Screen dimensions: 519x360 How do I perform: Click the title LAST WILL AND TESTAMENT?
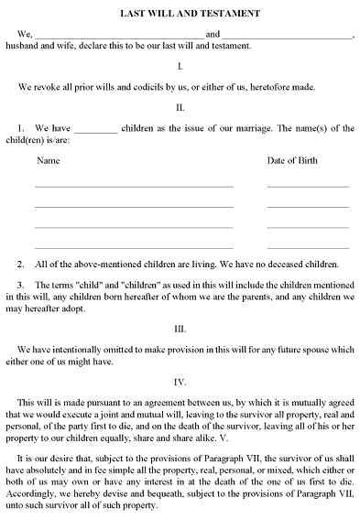tap(180, 15)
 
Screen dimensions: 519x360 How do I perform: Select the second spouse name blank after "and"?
tap(288, 38)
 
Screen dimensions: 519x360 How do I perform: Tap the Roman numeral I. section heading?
tap(180, 66)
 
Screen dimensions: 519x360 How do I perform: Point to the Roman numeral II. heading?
tap(180, 107)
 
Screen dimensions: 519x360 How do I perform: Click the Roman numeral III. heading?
tap(180, 328)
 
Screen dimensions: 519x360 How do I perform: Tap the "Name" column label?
tap(48, 161)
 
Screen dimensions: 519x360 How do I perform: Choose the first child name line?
tap(134, 186)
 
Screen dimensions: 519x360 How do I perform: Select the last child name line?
tap(134, 247)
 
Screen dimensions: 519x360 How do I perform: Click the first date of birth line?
tap(308, 186)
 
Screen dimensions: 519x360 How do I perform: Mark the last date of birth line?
tap(308, 247)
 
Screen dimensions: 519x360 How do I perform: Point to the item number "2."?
tap(21, 263)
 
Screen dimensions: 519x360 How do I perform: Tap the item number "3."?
tap(21, 285)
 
